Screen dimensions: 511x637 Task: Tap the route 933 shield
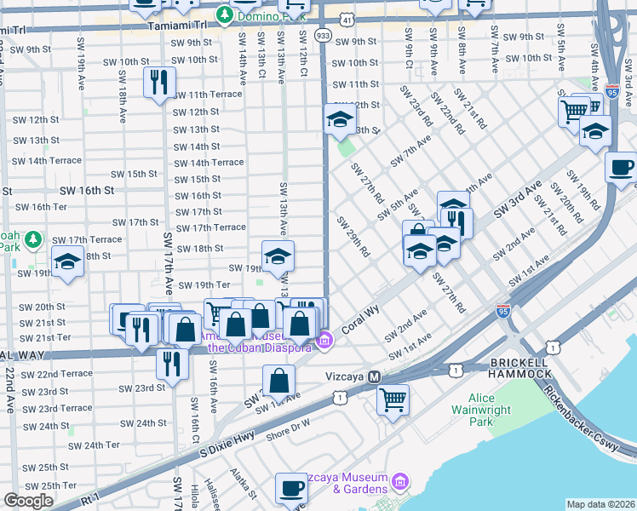(322, 35)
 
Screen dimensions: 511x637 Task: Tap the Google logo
(28, 501)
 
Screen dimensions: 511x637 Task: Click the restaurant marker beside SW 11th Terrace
(158, 82)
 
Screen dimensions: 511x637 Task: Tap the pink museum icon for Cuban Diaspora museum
(324, 342)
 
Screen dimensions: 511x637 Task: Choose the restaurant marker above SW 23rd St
(172, 363)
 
